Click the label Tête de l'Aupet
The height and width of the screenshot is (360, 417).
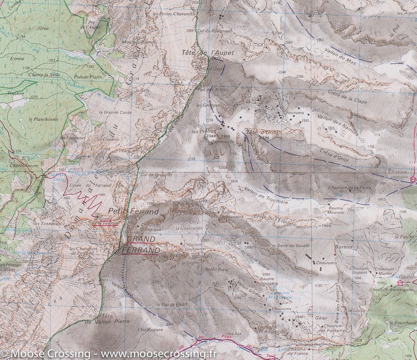(x=207, y=53)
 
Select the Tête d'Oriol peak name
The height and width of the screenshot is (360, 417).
(x=258, y=132)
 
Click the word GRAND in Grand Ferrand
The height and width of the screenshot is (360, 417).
(x=140, y=239)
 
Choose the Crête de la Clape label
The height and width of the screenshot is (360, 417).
(x=347, y=97)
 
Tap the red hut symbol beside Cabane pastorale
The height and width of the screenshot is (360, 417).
(x=412, y=179)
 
